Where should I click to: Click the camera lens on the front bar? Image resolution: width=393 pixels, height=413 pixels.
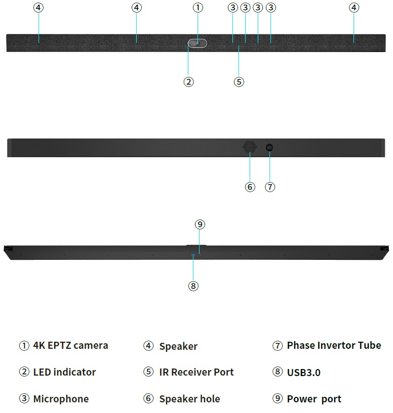pyautogui.click(x=198, y=43)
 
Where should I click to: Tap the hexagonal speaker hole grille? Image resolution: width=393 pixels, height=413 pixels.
pyautogui.click(x=250, y=147)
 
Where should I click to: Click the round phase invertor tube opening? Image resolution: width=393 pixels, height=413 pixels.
pyautogui.click(x=269, y=148)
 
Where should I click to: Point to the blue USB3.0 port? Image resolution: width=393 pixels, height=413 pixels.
pyautogui.click(x=193, y=255)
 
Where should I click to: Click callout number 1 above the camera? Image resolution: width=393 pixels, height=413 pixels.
pyautogui.click(x=198, y=8)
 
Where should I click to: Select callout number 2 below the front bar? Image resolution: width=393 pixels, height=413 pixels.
pyautogui.click(x=188, y=82)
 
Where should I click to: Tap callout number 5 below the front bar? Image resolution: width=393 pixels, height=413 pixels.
pyautogui.click(x=239, y=82)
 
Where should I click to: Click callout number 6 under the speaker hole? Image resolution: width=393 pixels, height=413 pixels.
pyautogui.click(x=250, y=187)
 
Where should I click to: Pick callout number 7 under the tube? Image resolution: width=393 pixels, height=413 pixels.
pyautogui.click(x=270, y=187)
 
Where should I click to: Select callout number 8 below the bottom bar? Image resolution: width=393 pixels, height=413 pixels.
pyautogui.click(x=193, y=286)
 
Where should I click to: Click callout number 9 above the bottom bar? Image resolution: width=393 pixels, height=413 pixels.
pyautogui.click(x=200, y=224)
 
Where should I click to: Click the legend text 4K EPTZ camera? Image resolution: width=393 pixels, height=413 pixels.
pyautogui.click(x=70, y=345)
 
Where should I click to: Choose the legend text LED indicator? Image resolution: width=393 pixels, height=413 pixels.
pyautogui.click(x=64, y=372)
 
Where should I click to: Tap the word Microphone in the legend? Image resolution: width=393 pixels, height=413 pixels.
pyautogui.click(x=61, y=399)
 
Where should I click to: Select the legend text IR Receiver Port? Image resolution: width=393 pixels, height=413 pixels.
pyautogui.click(x=196, y=372)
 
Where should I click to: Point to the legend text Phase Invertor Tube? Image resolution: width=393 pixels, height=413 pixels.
pyautogui.click(x=334, y=345)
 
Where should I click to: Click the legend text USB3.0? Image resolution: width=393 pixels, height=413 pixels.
pyautogui.click(x=303, y=373)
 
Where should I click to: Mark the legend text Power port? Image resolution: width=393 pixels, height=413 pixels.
pyautogui.click(x=314, y=399)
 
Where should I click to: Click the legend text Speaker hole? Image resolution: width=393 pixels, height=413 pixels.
pyautogui.click(x=189, y=399)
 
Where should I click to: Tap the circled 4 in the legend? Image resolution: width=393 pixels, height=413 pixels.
pyautogui.click(x=148, y=346)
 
